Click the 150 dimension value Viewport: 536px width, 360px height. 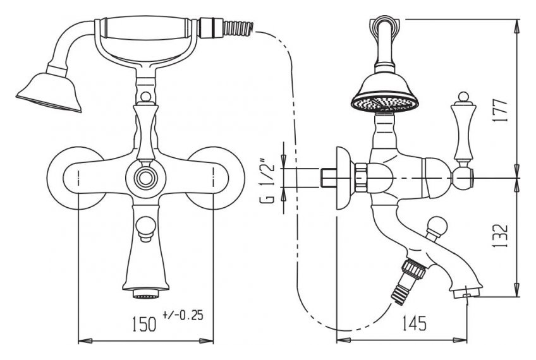[144, 323]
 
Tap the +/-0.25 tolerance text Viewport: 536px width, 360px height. [183, 315]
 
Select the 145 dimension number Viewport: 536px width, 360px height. [414, 323]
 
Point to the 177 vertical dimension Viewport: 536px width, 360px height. [501, 110]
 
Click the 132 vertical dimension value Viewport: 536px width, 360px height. [501, 236]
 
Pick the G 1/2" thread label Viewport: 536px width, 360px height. [267, 181]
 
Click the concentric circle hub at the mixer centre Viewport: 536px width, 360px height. [145, 178]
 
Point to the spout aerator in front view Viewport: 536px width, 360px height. [145, 294]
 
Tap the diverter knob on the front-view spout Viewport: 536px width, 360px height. [145, 228]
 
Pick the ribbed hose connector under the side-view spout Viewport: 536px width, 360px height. [408, 280]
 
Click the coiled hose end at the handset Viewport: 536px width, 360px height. [238, 28]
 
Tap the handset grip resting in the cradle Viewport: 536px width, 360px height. [146, 27]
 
